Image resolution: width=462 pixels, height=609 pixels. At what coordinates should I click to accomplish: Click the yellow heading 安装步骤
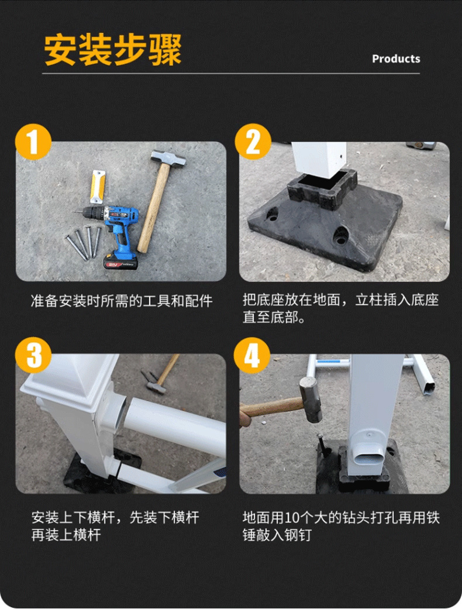pos(113,50)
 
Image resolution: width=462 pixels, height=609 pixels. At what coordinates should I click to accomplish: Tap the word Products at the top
pos(396,59)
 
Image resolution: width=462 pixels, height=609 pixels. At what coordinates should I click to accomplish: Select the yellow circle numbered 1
pos(33,142)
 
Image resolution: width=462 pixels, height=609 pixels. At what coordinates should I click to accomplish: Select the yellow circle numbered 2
pos(253,142)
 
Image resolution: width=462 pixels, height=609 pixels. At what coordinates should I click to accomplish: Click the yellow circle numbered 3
pos(33,355)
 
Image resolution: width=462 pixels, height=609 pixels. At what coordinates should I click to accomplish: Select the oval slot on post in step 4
pos(373,456)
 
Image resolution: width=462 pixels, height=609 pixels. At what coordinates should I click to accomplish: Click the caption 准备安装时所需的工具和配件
pos(122,301)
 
